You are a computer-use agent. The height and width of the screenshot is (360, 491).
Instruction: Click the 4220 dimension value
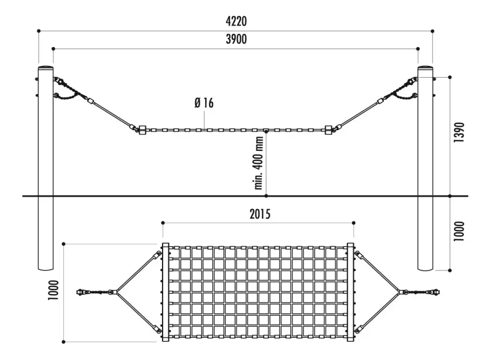236,21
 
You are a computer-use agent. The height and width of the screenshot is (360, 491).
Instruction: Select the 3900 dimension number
236,39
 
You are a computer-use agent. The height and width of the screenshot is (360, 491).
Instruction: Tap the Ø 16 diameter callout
204,103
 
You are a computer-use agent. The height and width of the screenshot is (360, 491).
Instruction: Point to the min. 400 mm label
259,163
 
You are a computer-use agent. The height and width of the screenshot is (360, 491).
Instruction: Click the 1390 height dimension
459,132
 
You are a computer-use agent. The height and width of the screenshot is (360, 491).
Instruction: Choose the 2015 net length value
260,214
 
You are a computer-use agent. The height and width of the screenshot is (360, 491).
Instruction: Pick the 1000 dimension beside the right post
459,231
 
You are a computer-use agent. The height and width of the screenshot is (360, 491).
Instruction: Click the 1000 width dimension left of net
53,290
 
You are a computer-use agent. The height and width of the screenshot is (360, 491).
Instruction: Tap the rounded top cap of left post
46,67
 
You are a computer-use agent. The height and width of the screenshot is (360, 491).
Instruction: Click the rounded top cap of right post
425,67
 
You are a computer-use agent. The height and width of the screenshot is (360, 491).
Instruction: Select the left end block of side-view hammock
142,130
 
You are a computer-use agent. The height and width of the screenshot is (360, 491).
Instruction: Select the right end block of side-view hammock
328,130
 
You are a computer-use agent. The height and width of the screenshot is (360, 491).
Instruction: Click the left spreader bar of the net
165,292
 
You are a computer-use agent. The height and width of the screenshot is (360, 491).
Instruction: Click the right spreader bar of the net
351,292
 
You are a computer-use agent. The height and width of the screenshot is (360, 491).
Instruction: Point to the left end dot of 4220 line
38,31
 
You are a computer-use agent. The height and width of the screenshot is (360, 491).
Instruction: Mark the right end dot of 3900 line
418,49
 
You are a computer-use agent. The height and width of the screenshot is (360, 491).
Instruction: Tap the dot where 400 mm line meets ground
266,196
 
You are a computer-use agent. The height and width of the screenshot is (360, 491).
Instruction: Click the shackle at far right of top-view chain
435,292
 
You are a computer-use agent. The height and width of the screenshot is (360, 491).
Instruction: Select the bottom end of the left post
46,270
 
